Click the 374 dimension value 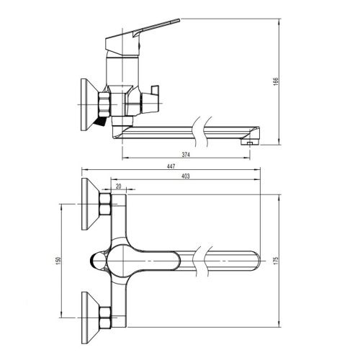click(x=186, y=155)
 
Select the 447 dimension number click(x=171, y=166)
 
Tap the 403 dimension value click(x=186, y=176)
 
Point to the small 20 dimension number click(x=119, y=186)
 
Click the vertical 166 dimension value click(x=276, y=81)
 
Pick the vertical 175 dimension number click(x=276, y=261)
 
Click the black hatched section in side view click(x=100, y=122)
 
